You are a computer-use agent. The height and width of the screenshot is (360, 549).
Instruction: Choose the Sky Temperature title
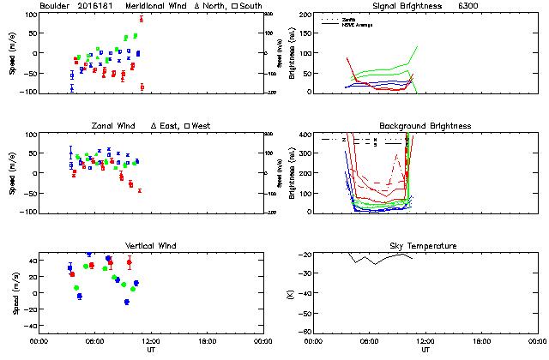click(425, 246)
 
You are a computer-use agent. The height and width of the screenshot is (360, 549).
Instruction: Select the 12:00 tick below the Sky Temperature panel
click(425, 342)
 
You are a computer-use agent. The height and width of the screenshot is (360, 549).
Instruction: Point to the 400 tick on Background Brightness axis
click(303, 135)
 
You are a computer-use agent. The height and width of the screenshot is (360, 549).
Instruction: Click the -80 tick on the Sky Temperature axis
click(303, 332)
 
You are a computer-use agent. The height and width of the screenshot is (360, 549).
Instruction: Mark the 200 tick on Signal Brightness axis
click(303, 15)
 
